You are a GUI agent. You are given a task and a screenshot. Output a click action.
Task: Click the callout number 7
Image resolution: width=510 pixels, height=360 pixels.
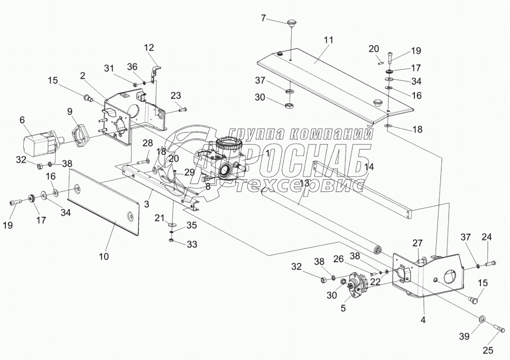pyautogui.click(x=264, y=19)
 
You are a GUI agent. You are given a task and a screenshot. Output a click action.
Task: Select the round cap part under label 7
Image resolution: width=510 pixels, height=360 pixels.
pyautogui.click(x=291, y=23)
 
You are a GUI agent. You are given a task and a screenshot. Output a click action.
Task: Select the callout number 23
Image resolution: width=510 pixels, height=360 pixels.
pyautogui.click(x=176, y=96)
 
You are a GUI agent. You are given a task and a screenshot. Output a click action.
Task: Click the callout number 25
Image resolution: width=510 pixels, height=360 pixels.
pyautogui.click(x=488, y=349)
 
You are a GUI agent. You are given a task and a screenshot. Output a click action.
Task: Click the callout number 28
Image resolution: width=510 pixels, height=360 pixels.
pyautogui.click(x=147, y=143)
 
